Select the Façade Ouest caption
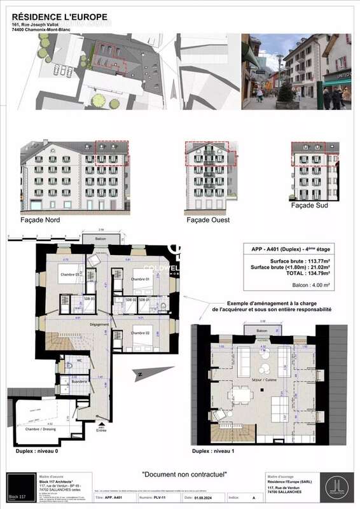click(208, 220)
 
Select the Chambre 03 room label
click(71, 274)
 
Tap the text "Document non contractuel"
click(184, 474)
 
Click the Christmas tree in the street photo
click(286, 92)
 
